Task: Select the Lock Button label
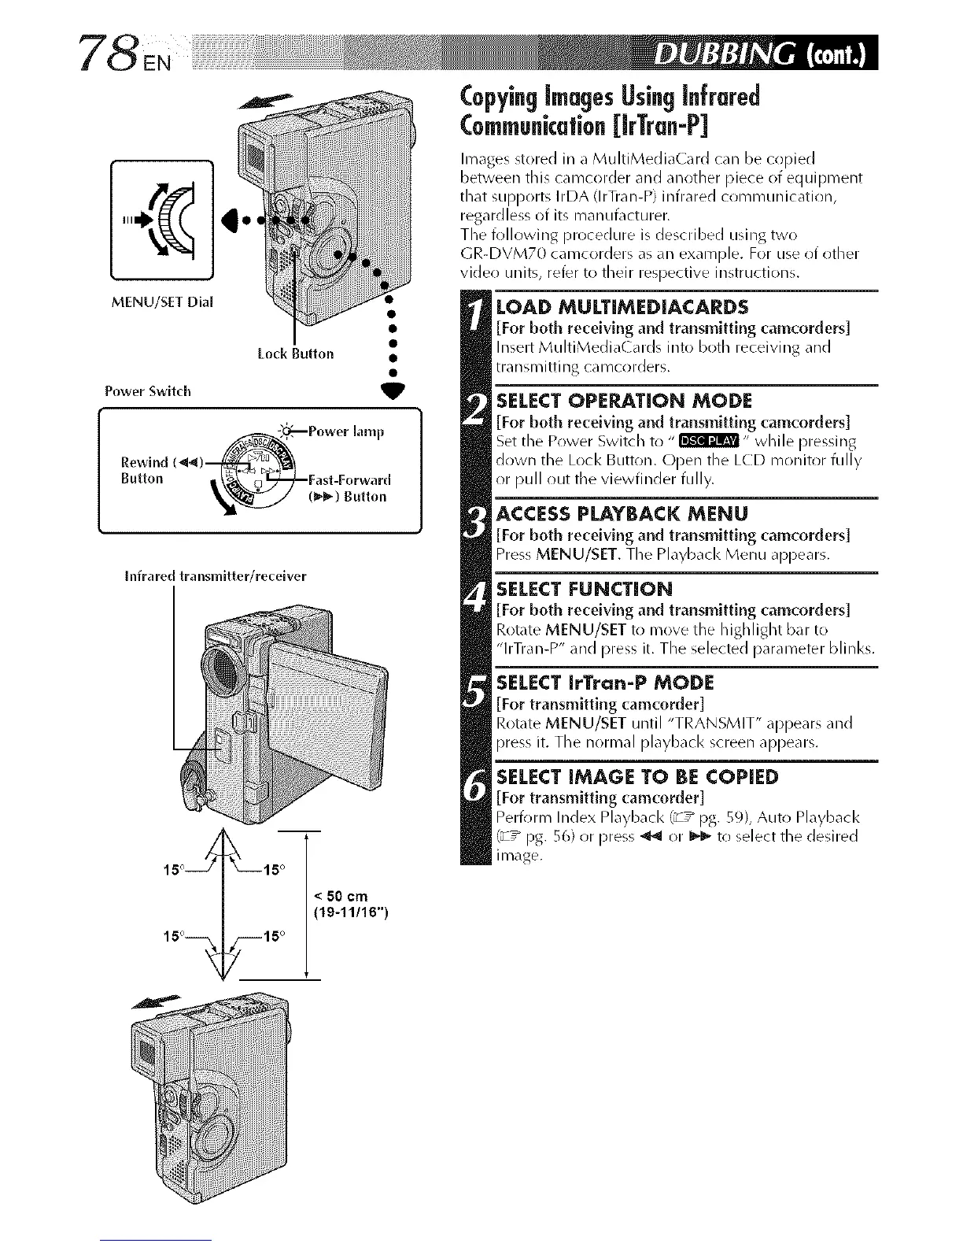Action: pyautogui.click(x=295, y=353)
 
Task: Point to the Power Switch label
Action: pyautogui.click(x=148, y=391)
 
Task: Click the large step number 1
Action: pyautogui.click(x=475, y=323)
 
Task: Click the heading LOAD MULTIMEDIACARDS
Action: pyautogui.click(x=622, y=305)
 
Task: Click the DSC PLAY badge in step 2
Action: pyautogui.click(x=709, y=441)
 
